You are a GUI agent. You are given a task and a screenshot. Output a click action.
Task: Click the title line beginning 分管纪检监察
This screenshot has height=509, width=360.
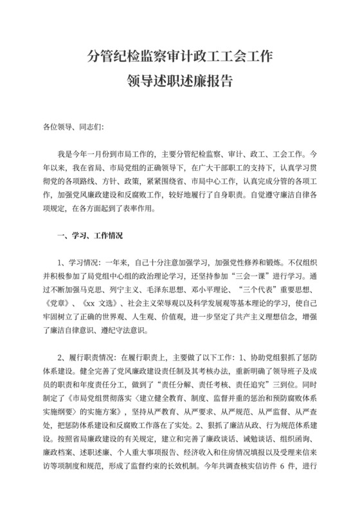pyautogui.click(x=180, y=58)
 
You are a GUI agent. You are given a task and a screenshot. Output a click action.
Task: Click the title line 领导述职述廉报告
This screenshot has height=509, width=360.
pyautogui.click(x=179, y=82)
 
